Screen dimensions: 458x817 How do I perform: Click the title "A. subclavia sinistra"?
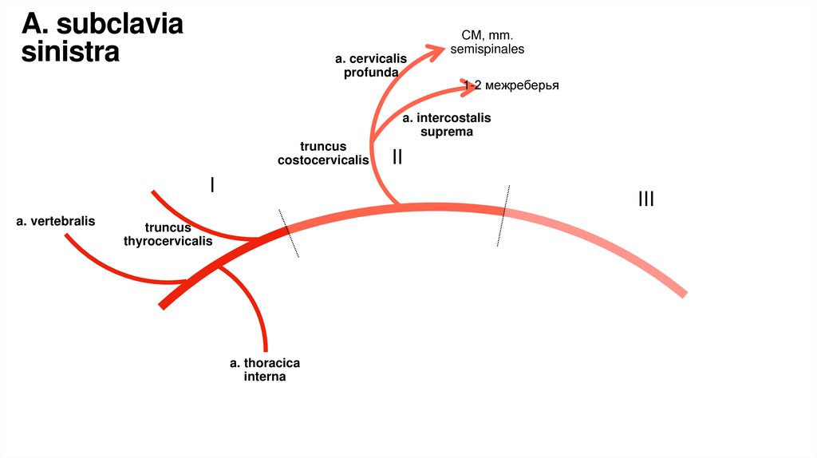click(x=101, y=38)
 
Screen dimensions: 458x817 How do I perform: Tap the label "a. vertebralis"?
click(x=55, y=220)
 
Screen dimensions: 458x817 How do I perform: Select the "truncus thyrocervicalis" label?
click(x=168, y=234)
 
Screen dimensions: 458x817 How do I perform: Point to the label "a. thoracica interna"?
click(x=265, y=369)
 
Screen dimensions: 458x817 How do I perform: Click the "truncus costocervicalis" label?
click(x=323, y=152)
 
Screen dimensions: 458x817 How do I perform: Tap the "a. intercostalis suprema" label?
click(x=447, y=124)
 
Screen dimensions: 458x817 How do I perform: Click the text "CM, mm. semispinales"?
click(x=487, y=42)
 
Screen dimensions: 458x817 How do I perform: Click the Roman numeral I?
click(x=212, y=185)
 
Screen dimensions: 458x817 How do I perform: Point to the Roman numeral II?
click(x=397, y=157)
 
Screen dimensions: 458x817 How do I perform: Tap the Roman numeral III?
click(x=645, y=199)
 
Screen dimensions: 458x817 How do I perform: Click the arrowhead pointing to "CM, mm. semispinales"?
click(x=437, y=51)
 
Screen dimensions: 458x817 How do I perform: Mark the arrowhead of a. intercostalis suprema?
click(x=469, y=85)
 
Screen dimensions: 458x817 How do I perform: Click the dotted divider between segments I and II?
click(x=288, y=233)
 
